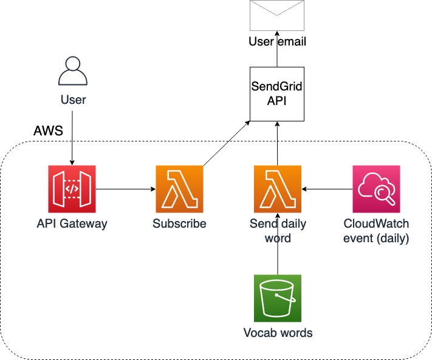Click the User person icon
[72, 72]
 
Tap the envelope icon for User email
[277, 15]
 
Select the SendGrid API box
[277, 93]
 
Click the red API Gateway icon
[72, 188]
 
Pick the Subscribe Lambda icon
[179, 188]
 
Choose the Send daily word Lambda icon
[277, 188]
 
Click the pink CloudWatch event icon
[376, 188]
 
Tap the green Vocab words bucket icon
[277, 298]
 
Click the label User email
[277, 42]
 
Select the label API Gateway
[72, 223]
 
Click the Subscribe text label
[179, 223]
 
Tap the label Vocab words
[277, 333]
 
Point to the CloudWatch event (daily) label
[376, 231]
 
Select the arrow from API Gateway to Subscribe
[125, 189]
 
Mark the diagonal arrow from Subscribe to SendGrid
[226, 143]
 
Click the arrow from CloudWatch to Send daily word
[327, 189]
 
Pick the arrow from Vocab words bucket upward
[277, 255]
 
